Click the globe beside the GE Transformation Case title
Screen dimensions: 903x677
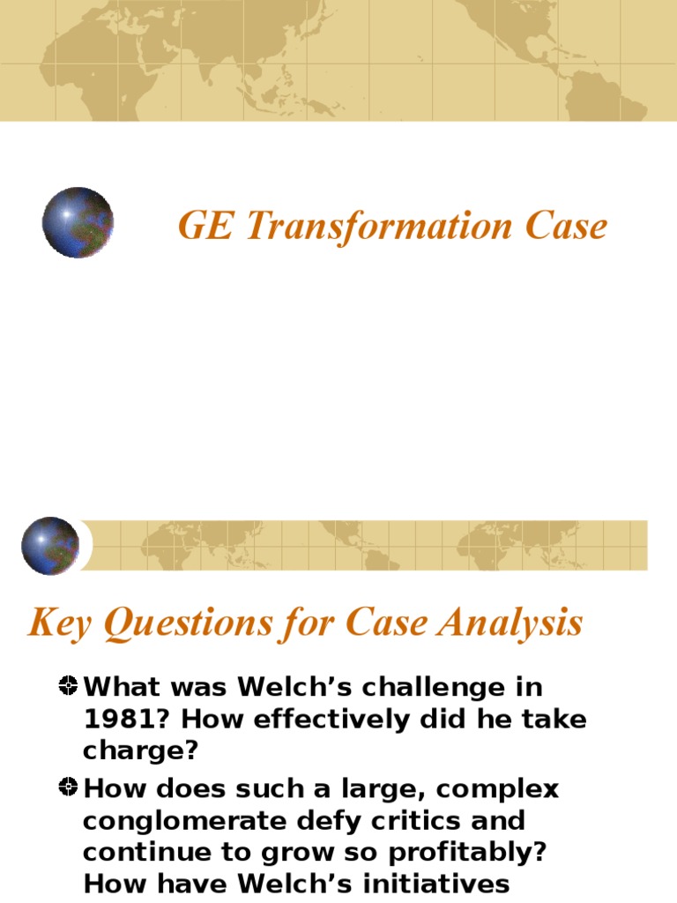click(x=78, y=222)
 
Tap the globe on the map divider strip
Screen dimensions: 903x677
click(x=50, y=546)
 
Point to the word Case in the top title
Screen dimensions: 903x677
click(x=566, y=227)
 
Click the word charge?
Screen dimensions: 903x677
click(x=141, y=750)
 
